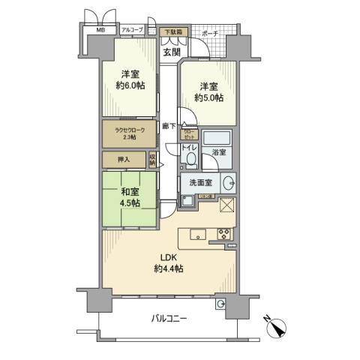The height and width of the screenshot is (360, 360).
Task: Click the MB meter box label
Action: pyautogui.click(x=100, y=31)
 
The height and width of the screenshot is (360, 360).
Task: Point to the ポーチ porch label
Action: pyautogui.click(x=210, y=34)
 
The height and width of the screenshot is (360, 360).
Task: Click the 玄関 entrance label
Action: pyautogui.click(x=172, y=51)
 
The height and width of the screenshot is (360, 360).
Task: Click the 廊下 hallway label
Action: pyautogui.click(x=169, y=127)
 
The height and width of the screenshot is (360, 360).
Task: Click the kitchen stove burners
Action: pyautogui.click(x=223, y=234)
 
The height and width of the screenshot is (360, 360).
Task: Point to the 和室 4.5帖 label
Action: pyautogui.click(x=130, y=197)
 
